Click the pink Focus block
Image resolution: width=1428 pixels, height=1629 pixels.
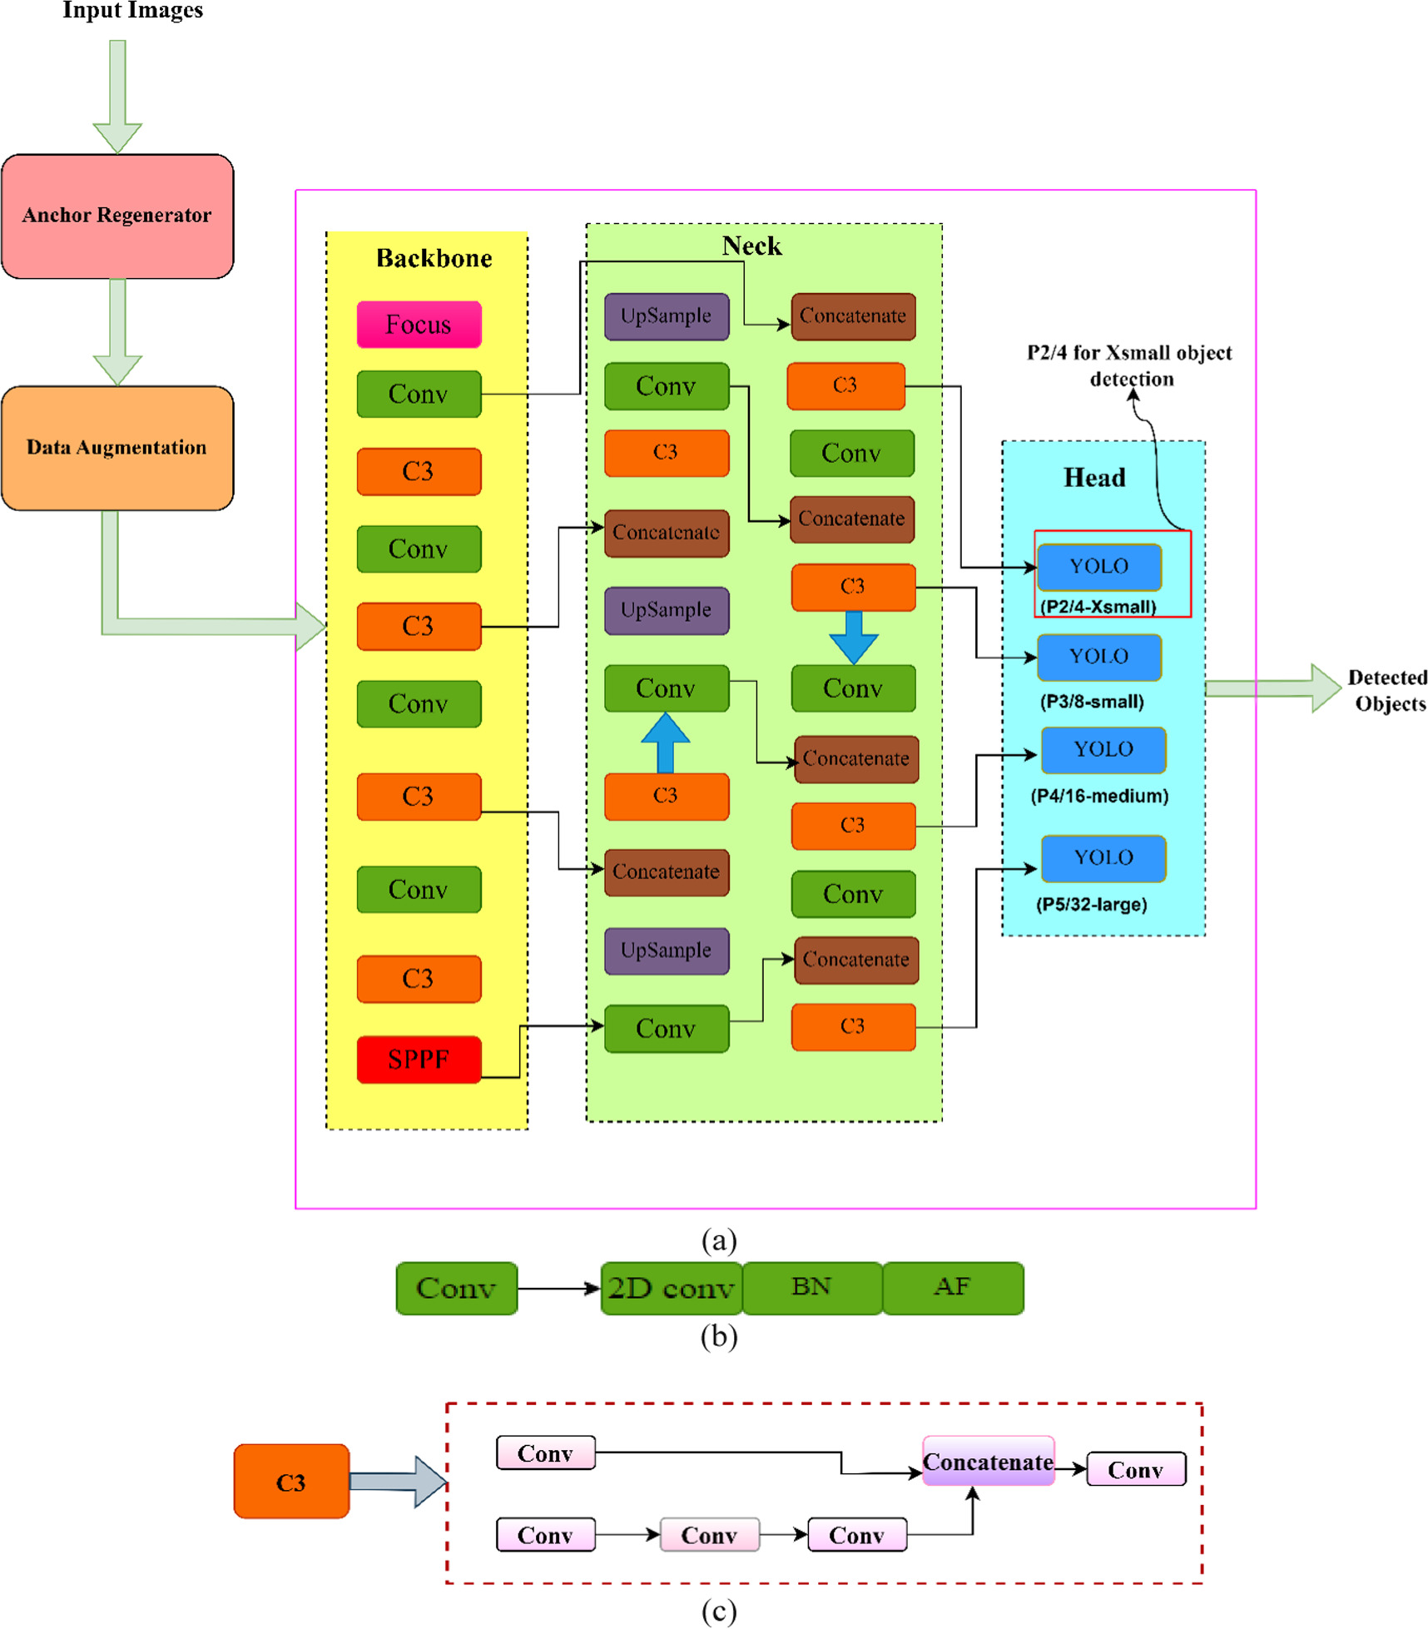pyautogui.click(x=419, y=324)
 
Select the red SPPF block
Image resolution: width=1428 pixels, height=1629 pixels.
pyautogui.click(x=419, y=1059)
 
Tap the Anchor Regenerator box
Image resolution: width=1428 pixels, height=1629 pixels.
pyautogui.click(x=117, y=216)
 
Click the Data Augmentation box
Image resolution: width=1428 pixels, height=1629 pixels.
pyautogui.click(x=117, y=448)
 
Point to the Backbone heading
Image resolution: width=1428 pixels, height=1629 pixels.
pyautogui.click(x=434, y=258)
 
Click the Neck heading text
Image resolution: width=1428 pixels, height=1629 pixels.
pyautogui.click(x=751, y=246)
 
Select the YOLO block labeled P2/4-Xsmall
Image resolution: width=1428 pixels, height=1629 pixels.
pyautogui.click(x=1098, y=566)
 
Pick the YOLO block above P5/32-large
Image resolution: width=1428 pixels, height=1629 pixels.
pyautogui.click(x=1103, y=857)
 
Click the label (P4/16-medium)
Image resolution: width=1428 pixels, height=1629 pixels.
pyautogui.click(x=1098, y=796)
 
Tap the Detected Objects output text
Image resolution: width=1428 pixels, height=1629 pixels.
pyautogui.click(x=1388, y=690)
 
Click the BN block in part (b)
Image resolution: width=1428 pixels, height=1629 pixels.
pyautogui.click(x=811, y=1287)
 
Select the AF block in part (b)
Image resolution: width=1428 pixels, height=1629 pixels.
pyautogui.click(x=952, y=1287)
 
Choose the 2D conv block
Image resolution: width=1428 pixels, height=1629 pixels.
pyautogui.click(x=671, y=1288)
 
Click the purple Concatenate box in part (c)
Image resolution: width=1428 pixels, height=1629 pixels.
pyautogui.click(x=988, y=1462)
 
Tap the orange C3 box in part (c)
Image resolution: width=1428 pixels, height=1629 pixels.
pyautogui.click(x=291, y=1482)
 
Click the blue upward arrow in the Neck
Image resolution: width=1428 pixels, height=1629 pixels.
pyautogui.click(x=665, y=741)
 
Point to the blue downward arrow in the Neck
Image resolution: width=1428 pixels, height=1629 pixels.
pyautogui.click(x=853, y=637)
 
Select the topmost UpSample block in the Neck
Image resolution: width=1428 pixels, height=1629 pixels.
pyautogui.click(x=666, y=316)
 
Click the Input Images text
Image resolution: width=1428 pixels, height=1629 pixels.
pyautogui.click(x=132, y=11)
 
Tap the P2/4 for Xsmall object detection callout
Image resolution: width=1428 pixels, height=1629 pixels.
pyautogui.click(x=1129, y=365)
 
